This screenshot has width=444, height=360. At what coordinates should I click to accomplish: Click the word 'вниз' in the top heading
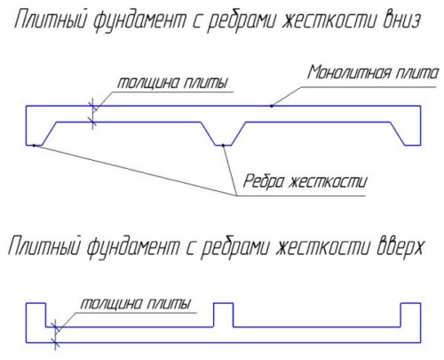pyautogui.click(x=401, y=20)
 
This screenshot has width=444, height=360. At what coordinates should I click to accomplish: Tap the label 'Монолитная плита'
pyautogui.click(x=372, y=73)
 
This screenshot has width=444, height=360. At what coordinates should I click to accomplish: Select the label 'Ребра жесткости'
pyautogui.click(x=305, y=181)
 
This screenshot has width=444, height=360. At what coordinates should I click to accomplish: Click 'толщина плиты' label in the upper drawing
pyautogui.click(x=172, y=83)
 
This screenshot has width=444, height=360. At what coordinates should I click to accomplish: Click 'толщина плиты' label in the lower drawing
pyautogui.click(x=135, y=304)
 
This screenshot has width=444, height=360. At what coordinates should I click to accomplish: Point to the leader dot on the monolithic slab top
pyautogui.click(x=272, y=106)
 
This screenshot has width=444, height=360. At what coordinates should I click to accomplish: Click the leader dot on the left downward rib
pyautogui.click(x=34, y=146)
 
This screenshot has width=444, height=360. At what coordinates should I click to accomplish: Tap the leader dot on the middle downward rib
pyautogui.click(x=223, y=145)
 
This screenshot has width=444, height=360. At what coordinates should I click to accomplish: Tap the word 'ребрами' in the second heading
pyautogui.click(x=235, y=247)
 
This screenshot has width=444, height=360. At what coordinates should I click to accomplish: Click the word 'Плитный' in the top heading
pyautogui.click(x=51, y=20)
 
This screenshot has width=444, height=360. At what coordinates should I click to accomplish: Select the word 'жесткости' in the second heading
pyautogui.click(x=322, y=246)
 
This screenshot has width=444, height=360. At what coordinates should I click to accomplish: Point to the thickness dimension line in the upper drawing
pyautogui.click(x=93, y=114)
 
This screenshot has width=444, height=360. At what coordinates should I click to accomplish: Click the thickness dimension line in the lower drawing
pyautogui.click(x=55, y=335)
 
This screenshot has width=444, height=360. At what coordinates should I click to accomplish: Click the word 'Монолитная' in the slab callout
pyautogui.click(x=349, y=73)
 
